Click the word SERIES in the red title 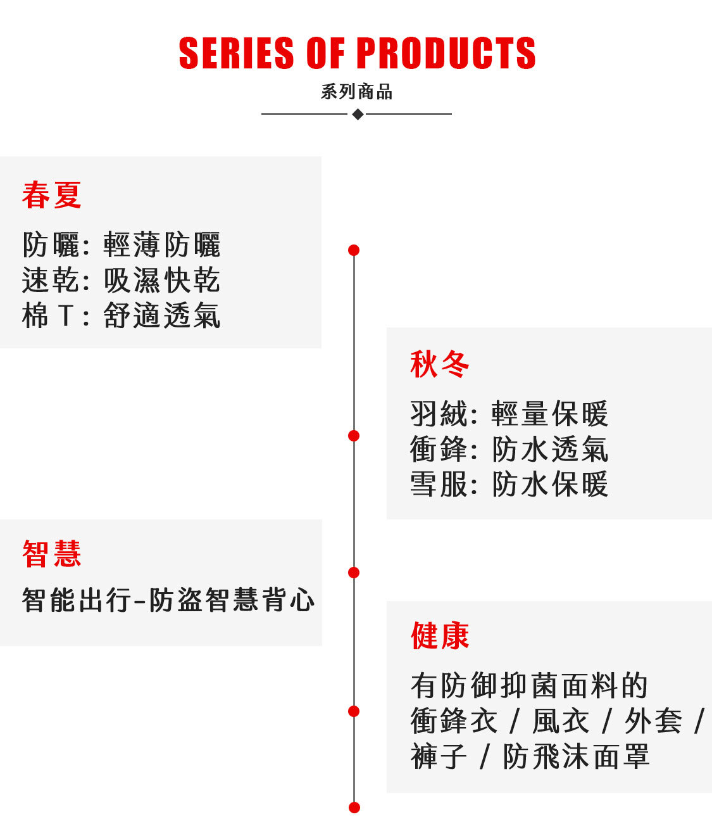pyautogui.click(x=236, y=53)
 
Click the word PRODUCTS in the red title pyautogui.click(x=446, y=53)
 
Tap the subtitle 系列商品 pyautogui.click(x=356, y=92)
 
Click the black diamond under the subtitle pyautogui.click(x=358, y=115)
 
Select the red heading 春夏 pyautogui.click(x=51, y=194)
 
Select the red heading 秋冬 pyautogui.click(x=440, y=364)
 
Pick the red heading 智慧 pyautogui.click(x=51, y=554)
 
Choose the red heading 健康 pyautogui.click(x=440, y=636)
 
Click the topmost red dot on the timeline pyautogui.click(x=354, y=250)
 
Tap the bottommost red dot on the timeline pyautogui.click(x=354, y=808)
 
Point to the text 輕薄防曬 pyautogui.click(x=162, y=244)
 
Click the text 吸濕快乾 pyautogui.click(x=162, y=280)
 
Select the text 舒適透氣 pyautogui.click(x=162, y=315)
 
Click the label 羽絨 pyautogui.click(x=439, y=414)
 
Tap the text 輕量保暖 pyautogui.click(x=550, y=414)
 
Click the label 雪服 pyautogui.click(x=439, y=485)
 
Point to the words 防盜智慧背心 pyautogui.click(x=232, y=600)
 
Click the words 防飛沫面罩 pyautogui.click(x=576, y=757)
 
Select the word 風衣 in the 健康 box pyautogui.click(x=561, y=721)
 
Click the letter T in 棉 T pyautogui.click(x=66, y=316)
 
